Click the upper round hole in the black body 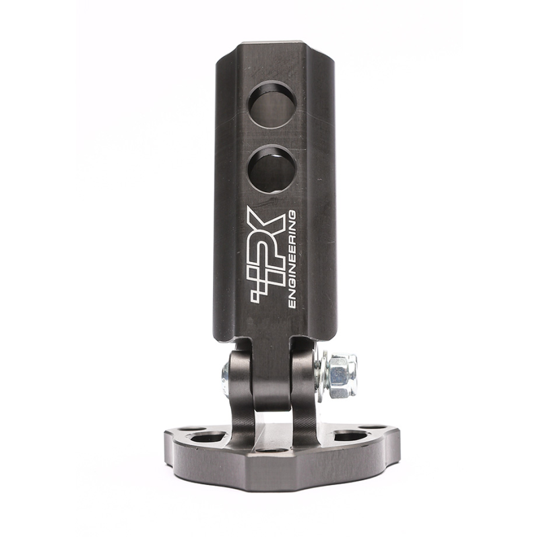tap(272, 104)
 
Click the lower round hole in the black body tap(272, 169)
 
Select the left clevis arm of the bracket tap(241, 391)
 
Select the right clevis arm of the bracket tap(303, 391)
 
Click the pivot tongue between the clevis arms tap(272, 377)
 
